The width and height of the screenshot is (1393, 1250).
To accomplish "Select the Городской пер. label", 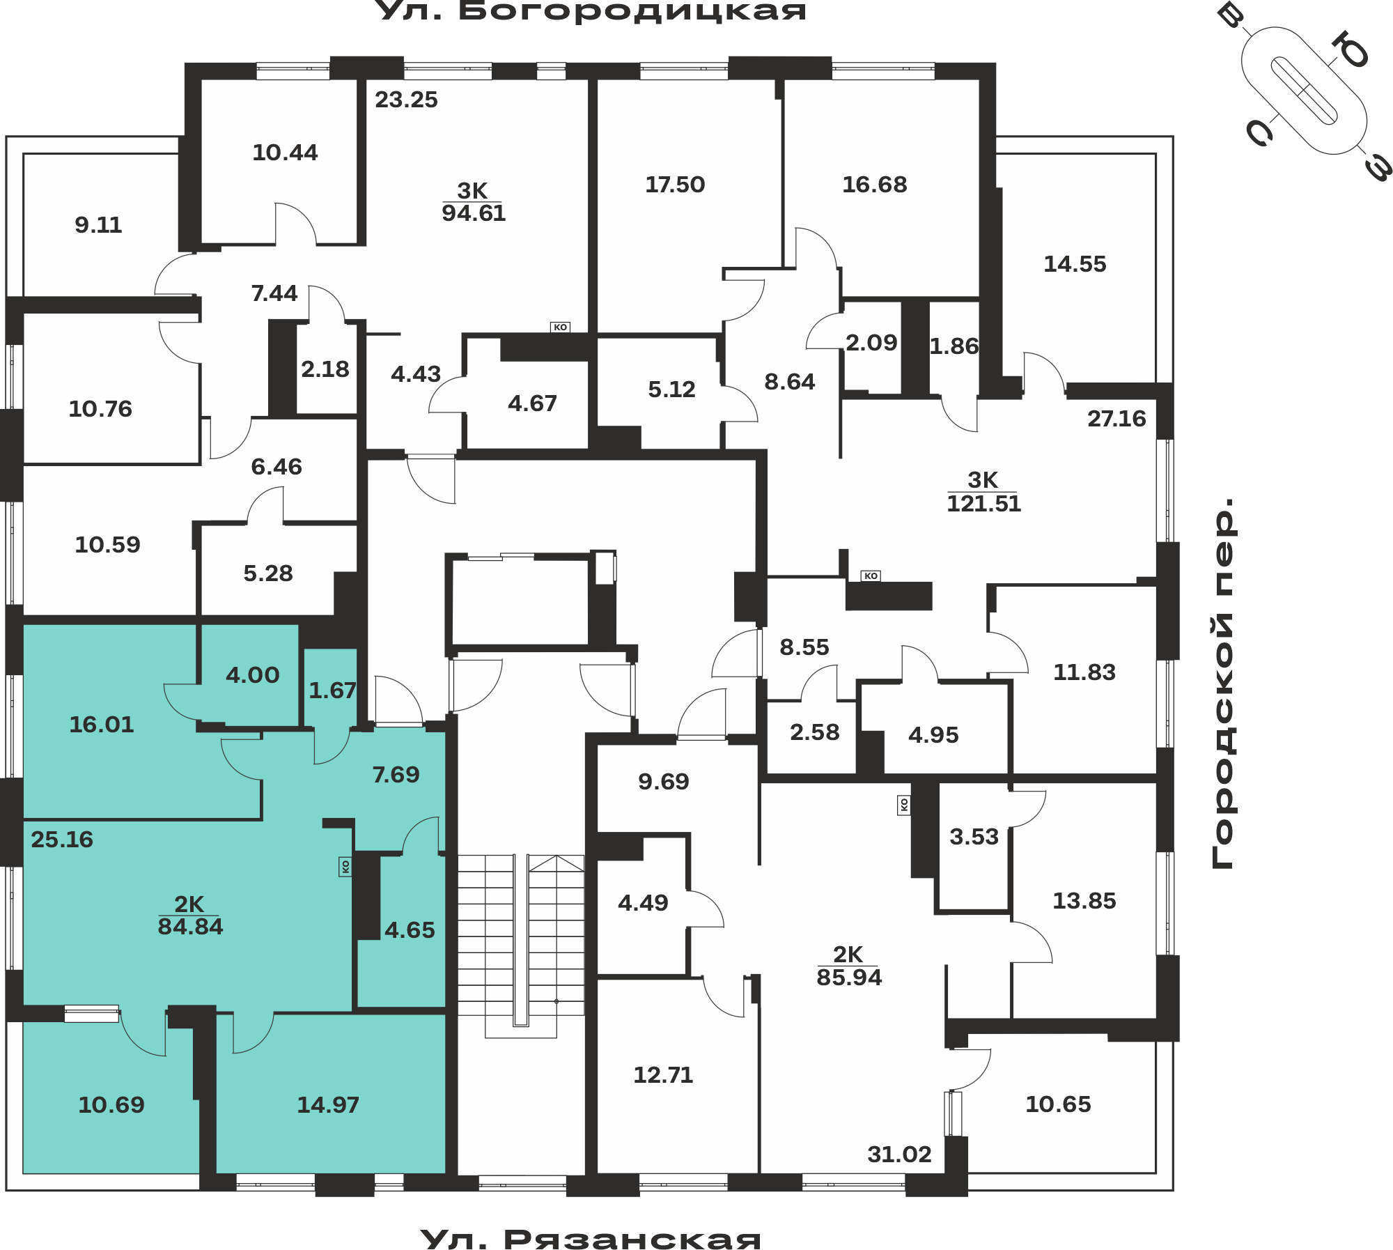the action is coord(1222,684).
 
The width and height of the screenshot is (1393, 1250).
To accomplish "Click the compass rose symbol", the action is coord(1304,91).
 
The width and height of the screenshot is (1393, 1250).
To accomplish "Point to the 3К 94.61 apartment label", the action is coord(474,202).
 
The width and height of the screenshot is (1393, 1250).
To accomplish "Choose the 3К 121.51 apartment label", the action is coord(983,492).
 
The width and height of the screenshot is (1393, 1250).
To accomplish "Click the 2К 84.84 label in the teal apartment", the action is coord(190,916).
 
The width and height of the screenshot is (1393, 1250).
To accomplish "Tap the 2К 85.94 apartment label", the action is coord(849,966).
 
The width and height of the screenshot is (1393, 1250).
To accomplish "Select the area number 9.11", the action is coord(98,225).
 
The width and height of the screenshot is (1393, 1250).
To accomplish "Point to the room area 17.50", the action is coord(675,185).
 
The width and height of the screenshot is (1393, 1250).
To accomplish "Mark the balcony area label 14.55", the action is coord(1075,264).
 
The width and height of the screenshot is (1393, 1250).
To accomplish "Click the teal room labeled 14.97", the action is coord(328,1105).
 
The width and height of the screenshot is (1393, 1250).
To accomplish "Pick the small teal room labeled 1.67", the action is coord(332,690).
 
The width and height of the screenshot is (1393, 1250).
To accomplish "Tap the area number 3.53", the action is coord(974,837).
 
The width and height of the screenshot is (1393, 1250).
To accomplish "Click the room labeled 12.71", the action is coord(663,1075).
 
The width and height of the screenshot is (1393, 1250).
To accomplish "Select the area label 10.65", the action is coord(1058,1104).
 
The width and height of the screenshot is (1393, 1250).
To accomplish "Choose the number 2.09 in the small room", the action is coord(871,343).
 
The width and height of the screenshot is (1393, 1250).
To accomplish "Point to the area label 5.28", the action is coord(268,573).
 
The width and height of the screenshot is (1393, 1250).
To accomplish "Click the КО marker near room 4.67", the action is coord(561,327).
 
